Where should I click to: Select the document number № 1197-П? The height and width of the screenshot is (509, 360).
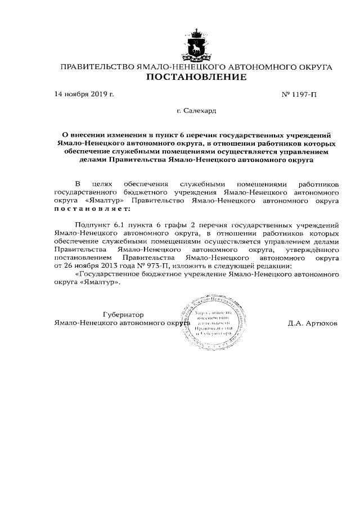299,94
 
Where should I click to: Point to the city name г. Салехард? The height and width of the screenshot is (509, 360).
196,111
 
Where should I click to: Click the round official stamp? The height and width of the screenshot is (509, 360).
208,322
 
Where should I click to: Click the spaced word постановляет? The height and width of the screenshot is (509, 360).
91,209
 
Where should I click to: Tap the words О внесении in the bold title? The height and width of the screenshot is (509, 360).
83,135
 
